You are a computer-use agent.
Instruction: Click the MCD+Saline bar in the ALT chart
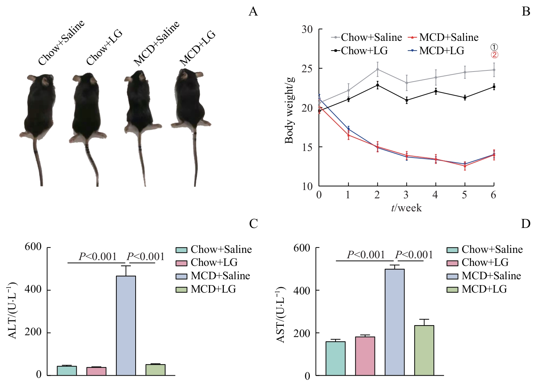pos(126,325)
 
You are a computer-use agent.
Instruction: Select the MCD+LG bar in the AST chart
pos(424,350)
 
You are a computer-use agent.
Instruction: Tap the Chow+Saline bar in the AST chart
pos(335,358)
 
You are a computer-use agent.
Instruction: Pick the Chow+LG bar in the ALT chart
pos(96,371)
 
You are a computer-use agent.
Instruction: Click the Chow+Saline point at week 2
pos(377,69)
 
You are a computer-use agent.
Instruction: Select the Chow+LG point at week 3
pos(407,100)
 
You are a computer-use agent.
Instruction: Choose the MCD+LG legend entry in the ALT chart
pos(213,289)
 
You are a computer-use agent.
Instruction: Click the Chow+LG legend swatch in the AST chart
pos(452,263)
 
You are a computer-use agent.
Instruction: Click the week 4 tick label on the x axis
pos(435,195)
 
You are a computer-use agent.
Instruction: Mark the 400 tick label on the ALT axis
pos(33,290)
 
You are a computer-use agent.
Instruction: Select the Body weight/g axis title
pos(289,110)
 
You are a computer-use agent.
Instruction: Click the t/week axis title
pos(406,208)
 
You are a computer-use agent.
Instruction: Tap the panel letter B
pos(526,12)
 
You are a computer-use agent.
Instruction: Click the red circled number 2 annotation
pos(494,55)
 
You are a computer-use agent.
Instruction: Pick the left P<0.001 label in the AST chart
pos(366,255)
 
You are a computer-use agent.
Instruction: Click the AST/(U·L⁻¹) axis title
pos(281,314)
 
